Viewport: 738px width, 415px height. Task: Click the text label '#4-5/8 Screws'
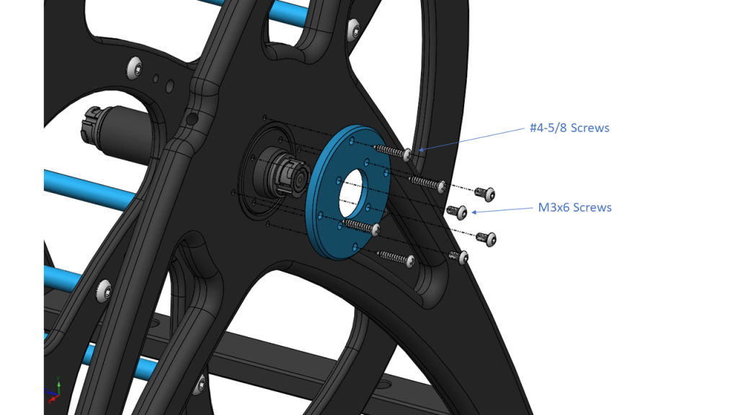click(x=568, y=128)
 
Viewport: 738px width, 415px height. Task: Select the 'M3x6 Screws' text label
click(x=574, y=207)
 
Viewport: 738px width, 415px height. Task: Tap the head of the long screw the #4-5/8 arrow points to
click(x=408, y=154)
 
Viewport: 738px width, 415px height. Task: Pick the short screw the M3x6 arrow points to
click(x=455, y=211)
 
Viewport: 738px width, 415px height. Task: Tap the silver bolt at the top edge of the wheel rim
click(x=353, y=30)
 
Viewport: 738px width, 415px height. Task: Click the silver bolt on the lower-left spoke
click(x=106, y=290)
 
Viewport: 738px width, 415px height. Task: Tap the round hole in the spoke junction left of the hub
click(x=192, y=117)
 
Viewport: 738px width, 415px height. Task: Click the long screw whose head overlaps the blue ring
click(x=375, y=228)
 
